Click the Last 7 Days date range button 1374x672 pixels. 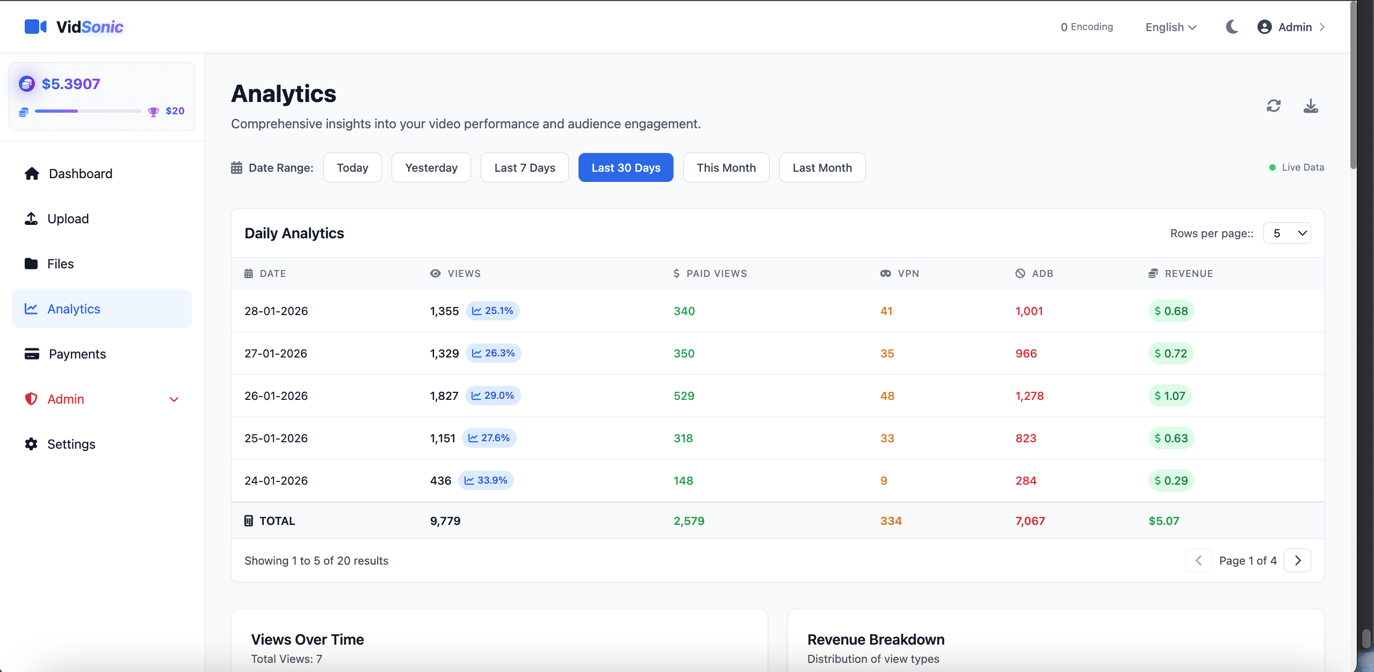pyautogui.click(x=524, y=167)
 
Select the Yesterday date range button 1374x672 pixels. pyautogui.click(x=431, y=167)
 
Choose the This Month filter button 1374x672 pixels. pyautogui.click(x=726, y=167)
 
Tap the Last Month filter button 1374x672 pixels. pyautogui.click(x=822, y=167)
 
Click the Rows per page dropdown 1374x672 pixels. pyautogui.click(x=1286, y=233)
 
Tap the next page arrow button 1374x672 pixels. pyautogui.click(x=1297, y=560)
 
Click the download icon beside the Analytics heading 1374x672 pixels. pyautogui.click(x=1311, y=106)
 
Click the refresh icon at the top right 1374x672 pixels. pyautogui.click(x=1274, y=106)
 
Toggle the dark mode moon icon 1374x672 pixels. pyautogui.click(x=1232, y=27)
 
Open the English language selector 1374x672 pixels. pyautogui.click(x=1170, y=27)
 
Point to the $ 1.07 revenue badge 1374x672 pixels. pyautogui.click(x=1170, y=396)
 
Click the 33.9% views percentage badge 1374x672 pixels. pyautogui.click(x=486, y=480)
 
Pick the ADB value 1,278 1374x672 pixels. pyautogui.click(x=1029, y=396)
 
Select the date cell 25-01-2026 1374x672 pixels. pyautogui.click(x=276, y=438)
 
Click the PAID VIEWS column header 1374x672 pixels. pyautogui.click(x=710, y=273)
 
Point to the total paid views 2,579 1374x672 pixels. pyautogui.click(x=689, y=521)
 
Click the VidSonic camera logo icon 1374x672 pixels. pyautogui.click(x=35, y=26)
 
